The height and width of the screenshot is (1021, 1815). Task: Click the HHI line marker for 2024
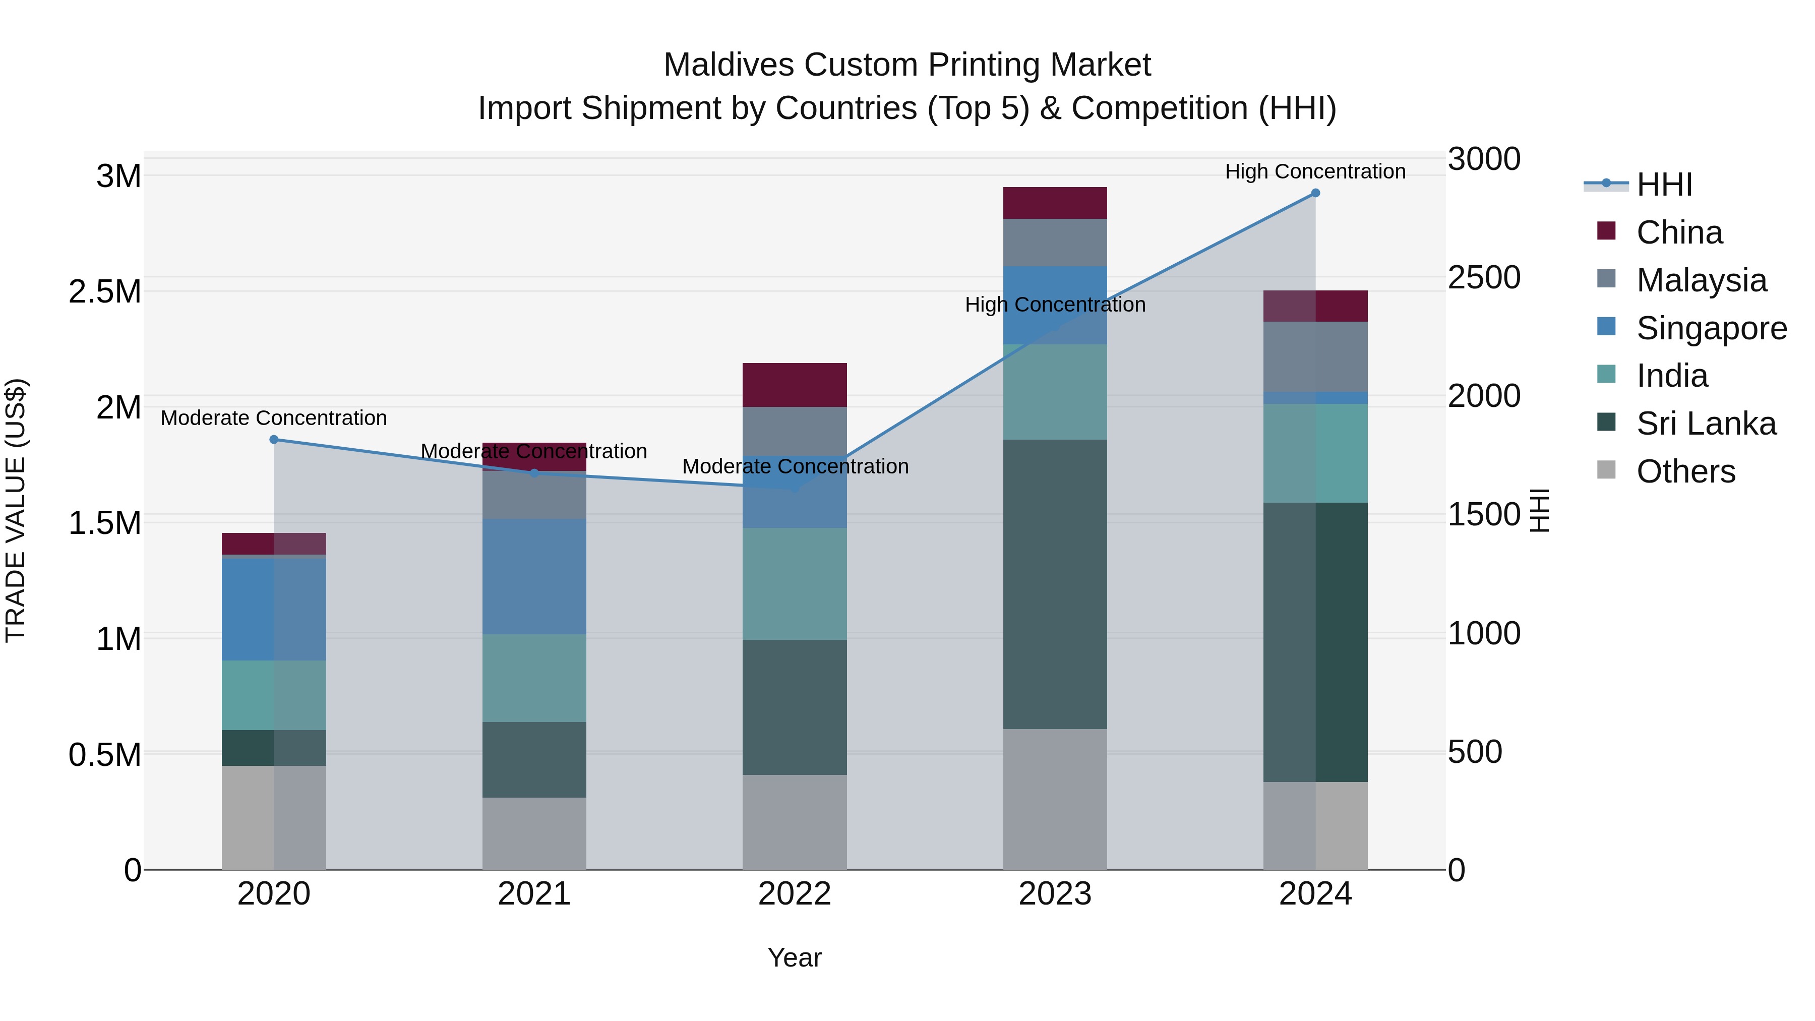[1315, 193]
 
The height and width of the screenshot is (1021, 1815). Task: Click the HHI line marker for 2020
[274, 440]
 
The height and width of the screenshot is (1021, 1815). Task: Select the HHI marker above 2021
[534, 473]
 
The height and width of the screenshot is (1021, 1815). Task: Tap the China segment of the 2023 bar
[1055, 203]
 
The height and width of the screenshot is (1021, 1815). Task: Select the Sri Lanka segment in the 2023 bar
[1055, 584]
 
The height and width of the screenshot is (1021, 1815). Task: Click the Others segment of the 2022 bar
[794, 822]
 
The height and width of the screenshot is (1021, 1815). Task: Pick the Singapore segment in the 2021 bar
[534, 576]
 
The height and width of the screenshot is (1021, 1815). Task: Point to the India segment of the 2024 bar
[1315, 453]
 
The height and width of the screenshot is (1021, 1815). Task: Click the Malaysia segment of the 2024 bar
[1315, 356]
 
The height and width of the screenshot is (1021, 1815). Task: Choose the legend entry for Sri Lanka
[1705, 424]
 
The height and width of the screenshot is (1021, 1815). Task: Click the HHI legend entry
[1664, 185]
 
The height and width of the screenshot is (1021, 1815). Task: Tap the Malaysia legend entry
[1701, 280]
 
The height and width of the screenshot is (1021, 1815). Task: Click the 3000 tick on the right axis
[1484, 159]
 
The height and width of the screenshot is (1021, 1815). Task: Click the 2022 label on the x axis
[794, 894]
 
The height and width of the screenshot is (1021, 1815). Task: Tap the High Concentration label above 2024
[1315, 171]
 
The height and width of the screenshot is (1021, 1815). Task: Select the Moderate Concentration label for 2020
[274, 418]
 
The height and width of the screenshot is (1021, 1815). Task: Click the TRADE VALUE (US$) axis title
[16, 510]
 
